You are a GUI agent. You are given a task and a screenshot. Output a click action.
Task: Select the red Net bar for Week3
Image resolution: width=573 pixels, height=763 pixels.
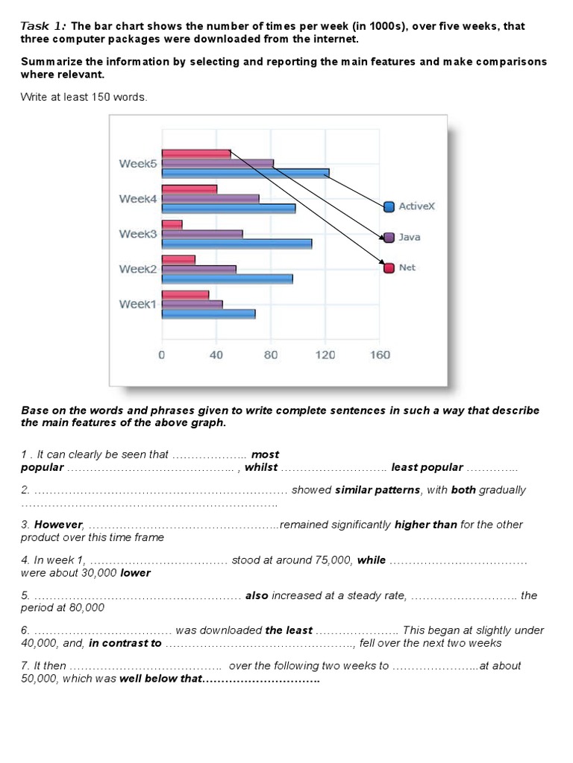tap(172, 224)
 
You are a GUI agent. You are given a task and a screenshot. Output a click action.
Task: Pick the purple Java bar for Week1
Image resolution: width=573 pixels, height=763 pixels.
tap(192, 304)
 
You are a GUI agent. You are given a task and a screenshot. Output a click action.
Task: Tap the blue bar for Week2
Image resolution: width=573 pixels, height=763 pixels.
tap(227, 279)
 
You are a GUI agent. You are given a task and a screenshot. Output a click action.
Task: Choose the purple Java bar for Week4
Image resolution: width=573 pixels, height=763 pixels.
tap(210, 199)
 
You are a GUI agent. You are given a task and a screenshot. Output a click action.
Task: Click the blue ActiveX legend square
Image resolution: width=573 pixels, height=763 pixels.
tap(389, 206)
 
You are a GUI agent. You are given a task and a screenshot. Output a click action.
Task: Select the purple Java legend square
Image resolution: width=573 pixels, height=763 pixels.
tap(389, 237)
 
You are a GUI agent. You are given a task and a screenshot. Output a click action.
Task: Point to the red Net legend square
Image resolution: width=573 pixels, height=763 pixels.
tap(389, 267)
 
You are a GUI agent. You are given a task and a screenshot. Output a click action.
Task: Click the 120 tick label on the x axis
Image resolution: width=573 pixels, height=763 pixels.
tap(325, 355)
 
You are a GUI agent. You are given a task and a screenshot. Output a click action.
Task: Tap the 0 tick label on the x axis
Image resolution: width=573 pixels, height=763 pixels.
tap(161, 355)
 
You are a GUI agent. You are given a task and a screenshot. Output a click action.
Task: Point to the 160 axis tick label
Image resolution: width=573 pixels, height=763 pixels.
tap(380, 355)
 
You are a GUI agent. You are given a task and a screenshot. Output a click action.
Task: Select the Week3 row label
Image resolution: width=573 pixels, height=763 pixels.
tap(138, 234)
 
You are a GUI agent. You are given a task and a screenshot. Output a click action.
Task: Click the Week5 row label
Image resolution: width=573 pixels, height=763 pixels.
tap(138, 164)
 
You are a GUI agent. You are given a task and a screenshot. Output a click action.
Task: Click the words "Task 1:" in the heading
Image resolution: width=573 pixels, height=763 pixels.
tap(44, 26)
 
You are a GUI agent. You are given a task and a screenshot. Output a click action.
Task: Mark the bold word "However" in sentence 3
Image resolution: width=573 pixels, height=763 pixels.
tap(58, 525)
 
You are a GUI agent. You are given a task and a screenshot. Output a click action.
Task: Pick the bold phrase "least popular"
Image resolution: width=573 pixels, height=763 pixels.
tap(427, 467)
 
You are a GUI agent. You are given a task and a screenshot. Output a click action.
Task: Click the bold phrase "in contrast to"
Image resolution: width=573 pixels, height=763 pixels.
tap(125, 643)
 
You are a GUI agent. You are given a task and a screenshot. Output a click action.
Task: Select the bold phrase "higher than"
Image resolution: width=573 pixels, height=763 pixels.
tap(426, 525)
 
